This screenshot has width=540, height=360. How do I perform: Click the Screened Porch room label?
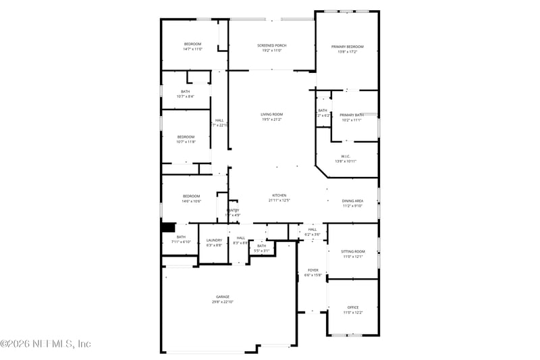coord(272,45)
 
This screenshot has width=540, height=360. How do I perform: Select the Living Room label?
coord(271,114)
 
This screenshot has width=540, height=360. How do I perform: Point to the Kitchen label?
coord(279,195)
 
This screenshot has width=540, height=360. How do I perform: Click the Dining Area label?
coord(352,201)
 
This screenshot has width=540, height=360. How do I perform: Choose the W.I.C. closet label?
coord(346,156)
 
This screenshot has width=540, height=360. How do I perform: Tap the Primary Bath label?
coord(351,115)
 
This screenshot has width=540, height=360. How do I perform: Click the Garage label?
coord(223,297)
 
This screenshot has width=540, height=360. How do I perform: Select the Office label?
coord(353,307)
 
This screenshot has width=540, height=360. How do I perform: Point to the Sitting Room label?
coord(353,251)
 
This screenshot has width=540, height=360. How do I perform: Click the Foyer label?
coord(313,270)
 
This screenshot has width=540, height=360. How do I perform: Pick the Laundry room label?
coord(214,240)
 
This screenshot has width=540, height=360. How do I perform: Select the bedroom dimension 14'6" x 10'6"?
coord(191,201)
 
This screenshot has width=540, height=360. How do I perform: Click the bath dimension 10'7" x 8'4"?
coord(185,97)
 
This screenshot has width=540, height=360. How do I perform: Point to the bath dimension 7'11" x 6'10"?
coord(181,242)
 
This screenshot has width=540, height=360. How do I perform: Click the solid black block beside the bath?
coord(168,228)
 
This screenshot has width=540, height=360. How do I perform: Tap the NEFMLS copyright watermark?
coord(45,344)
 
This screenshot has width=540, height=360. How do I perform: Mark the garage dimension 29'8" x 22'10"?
coord(223,302)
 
